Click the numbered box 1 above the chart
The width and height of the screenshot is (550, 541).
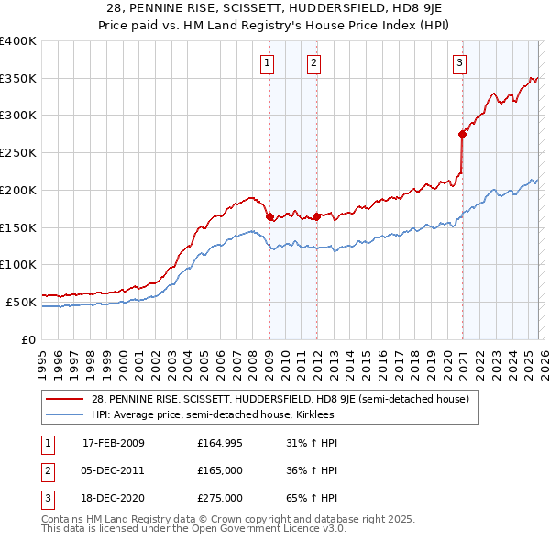point(267,63)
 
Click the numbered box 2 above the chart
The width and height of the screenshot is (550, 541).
point(313,63)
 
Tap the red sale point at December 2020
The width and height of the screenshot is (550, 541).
point(463,134)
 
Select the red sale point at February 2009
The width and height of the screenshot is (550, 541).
point(269,216)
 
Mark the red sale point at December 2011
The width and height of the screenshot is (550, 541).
point(315,216)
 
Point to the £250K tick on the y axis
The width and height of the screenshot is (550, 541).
point(18,152)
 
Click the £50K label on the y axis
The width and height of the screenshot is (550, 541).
point(21,302)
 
